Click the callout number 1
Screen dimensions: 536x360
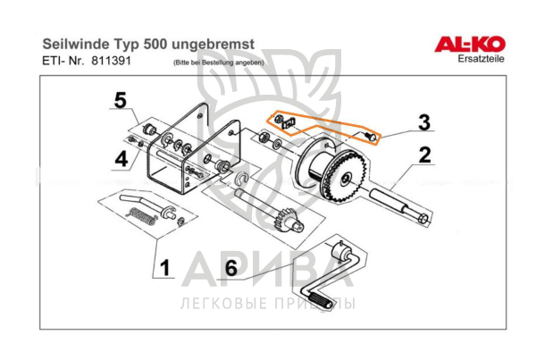165,268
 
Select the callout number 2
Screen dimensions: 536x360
425,155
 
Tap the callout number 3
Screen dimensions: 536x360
424,122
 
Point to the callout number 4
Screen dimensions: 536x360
121,159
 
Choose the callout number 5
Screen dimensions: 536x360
121,101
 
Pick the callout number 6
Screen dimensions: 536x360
231,268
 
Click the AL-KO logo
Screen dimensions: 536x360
470,44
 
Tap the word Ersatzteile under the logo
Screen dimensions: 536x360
481,59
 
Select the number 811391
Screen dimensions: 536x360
112,61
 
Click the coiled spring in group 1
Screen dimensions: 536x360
142,217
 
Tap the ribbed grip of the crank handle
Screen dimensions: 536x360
320,300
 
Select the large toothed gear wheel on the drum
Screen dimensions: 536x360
346,177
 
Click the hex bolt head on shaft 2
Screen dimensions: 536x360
423,218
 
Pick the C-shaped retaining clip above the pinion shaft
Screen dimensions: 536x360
242,179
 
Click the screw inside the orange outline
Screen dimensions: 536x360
370,137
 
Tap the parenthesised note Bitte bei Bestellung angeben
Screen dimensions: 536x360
219,63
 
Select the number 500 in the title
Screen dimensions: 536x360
155,44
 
